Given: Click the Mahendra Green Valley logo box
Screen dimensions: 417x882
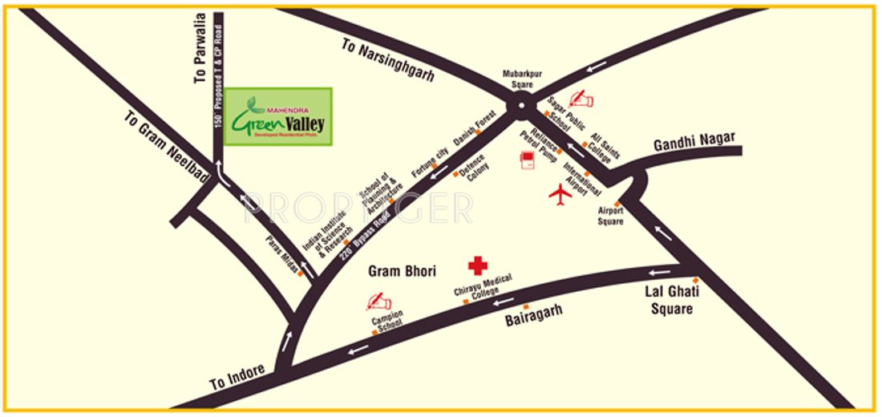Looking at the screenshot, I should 278,116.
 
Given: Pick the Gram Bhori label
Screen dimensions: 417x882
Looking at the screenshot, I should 402,272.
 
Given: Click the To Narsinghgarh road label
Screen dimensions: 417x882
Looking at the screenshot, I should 387,60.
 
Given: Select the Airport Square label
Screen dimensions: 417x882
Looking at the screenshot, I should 611,216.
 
